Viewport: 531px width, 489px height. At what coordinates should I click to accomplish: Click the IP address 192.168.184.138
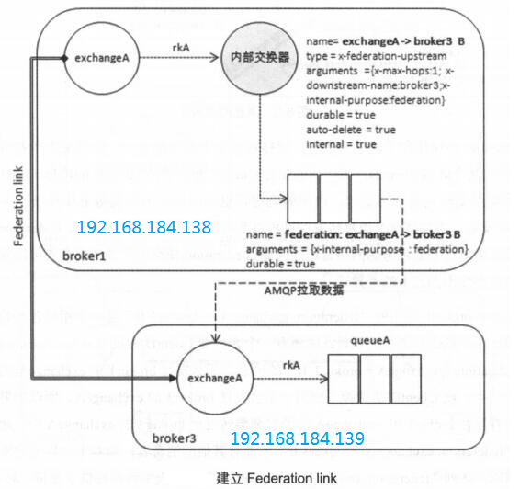(144, 227)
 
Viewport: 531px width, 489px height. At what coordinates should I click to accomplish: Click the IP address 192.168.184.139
(298, 438)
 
